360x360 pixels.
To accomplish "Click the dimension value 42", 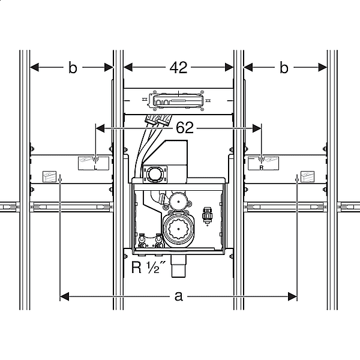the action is (178, 68).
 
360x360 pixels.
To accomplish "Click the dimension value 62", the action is (185, 128).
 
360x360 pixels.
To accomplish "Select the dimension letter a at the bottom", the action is (179, 296).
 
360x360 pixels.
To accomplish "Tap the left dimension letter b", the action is (73, 68).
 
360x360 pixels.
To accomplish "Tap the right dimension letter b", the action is (284, 68).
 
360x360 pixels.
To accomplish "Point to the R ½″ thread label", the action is (148, 267).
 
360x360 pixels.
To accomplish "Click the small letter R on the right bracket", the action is (261, 168).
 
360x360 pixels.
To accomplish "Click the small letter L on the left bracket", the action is (95, 167).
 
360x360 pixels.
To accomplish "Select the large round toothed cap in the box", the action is (178, 229).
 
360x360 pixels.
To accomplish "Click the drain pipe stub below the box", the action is (179, 266).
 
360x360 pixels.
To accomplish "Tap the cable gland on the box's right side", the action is (208, 215).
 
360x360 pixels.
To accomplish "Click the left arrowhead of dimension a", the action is (65, 296).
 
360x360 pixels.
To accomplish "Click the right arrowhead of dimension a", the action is (293, 296).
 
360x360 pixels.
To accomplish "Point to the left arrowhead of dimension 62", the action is (100, 128).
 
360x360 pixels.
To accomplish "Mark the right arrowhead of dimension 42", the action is (229, 67).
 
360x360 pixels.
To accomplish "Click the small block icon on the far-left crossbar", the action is (49, 176).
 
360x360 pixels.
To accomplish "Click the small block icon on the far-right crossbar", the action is (307, 176).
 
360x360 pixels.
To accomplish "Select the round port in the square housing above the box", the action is (152, 175).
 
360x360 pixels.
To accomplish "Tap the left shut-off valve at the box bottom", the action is (142, 241).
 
